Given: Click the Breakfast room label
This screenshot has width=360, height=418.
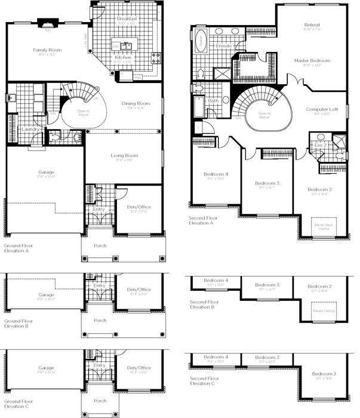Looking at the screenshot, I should point(127,19).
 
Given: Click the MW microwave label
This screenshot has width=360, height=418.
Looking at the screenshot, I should point(137,77).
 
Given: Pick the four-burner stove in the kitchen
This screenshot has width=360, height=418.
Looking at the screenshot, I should point(156,57).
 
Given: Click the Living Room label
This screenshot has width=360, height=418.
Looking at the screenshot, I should point(124,156).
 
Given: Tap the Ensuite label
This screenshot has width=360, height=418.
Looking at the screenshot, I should point(223,46).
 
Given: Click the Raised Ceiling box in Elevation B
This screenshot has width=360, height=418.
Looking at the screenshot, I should point(323,310).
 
